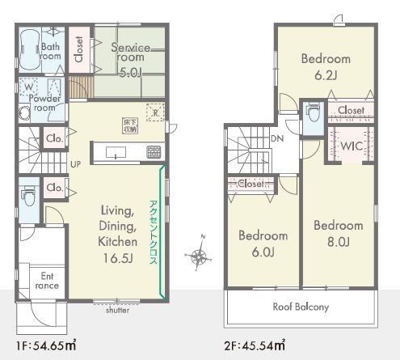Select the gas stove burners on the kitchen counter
(154, 152)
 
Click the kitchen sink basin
(116, 152)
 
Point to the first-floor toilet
(29, 195)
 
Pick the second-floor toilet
(314, 112)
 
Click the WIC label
(352, 146)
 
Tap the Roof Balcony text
(301, 307)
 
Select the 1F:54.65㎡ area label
(46, 345)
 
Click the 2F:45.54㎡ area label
(255, 345)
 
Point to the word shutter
(117, 310)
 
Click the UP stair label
(75, 164)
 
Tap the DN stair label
(277, 138)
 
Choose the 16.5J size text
(118, 258)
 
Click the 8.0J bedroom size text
(339, 242)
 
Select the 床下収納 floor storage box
(130, 125)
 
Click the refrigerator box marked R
(155, 112)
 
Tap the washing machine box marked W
(28, 87)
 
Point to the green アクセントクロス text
(153, 232)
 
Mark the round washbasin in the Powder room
(24, 113)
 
